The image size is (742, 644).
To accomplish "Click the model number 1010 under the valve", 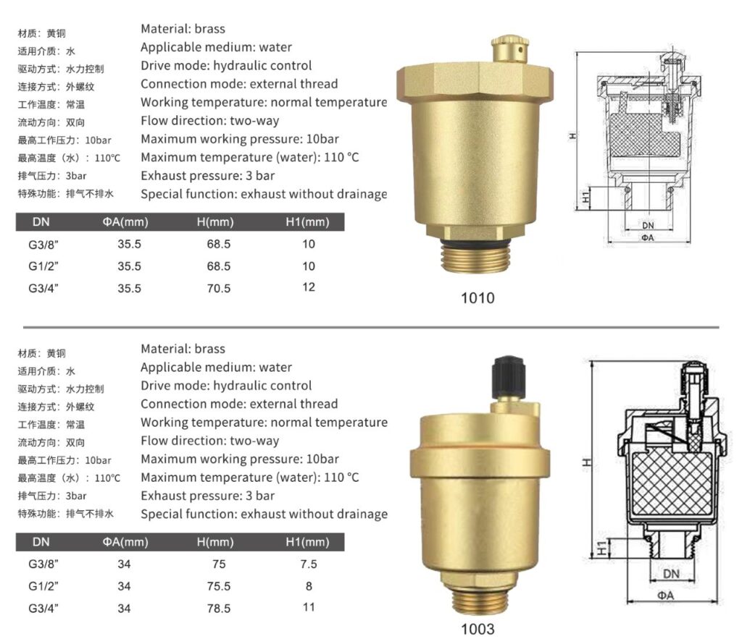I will tap(478, 297).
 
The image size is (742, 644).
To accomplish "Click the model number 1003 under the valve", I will tap(478, 629).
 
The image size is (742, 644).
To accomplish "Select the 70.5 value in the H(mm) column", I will tap(218, 288).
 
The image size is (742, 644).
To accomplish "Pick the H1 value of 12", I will tap(309, 287).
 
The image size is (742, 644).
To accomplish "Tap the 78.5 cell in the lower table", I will tap(218, 609).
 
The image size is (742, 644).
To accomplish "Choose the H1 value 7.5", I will tap(309, 564).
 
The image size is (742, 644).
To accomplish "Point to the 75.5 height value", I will tap(218, 586).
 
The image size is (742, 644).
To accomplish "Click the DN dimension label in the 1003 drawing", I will tap(671, 574).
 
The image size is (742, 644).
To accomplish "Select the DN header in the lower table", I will tap(41, 541).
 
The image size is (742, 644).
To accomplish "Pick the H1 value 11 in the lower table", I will tap(309, 608).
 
